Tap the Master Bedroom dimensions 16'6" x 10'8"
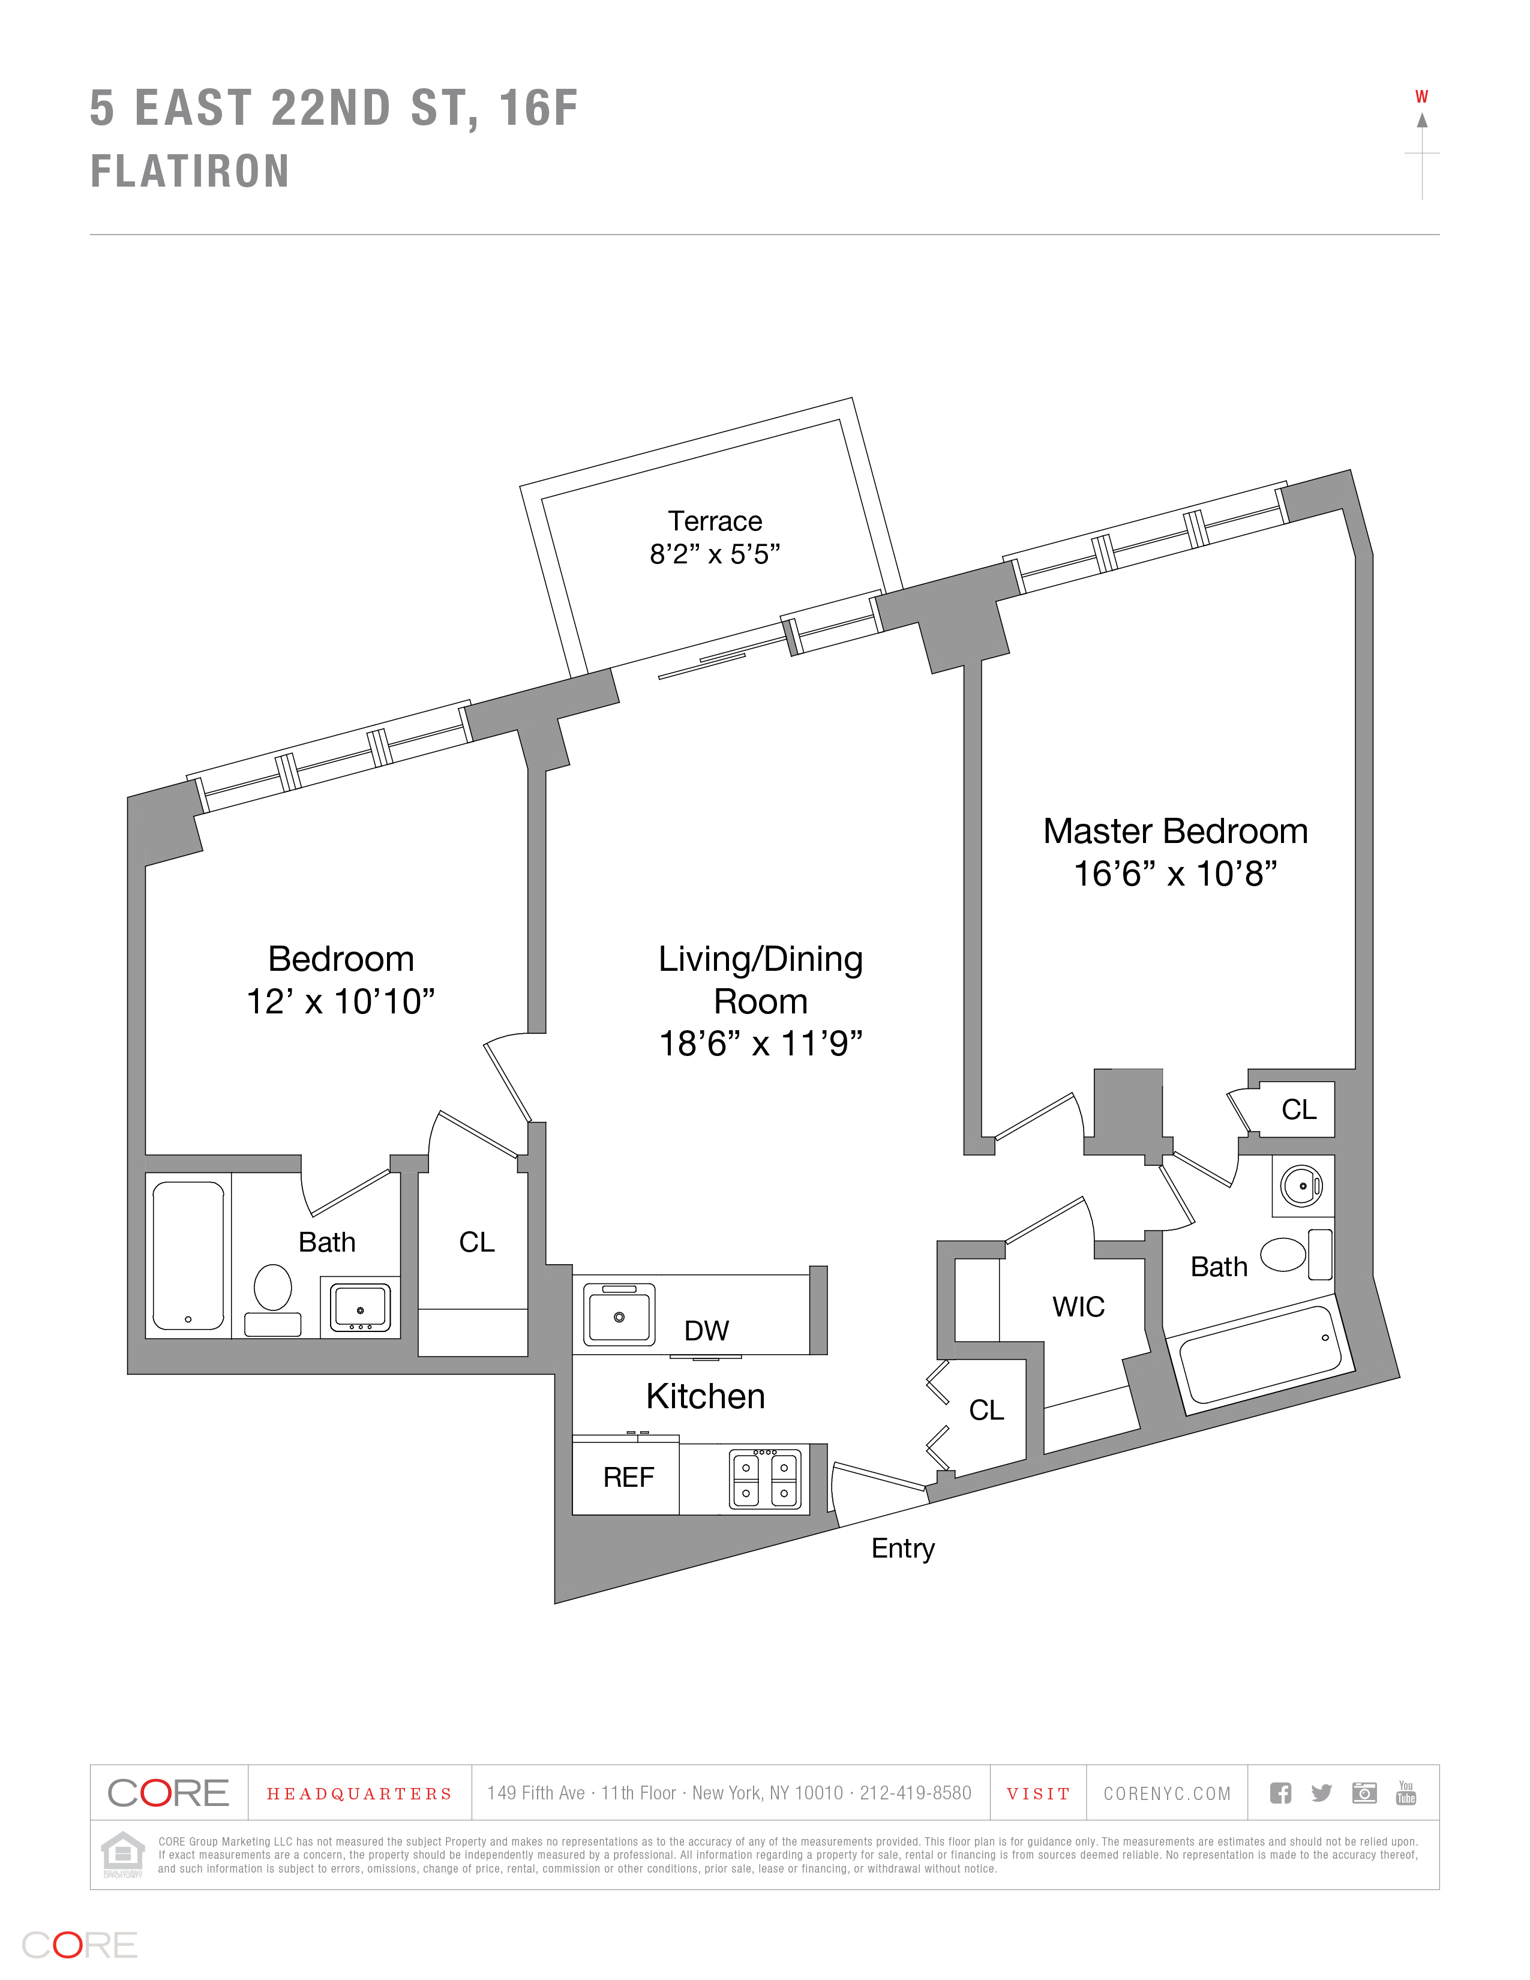[1175, 874]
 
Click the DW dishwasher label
[706, 1330]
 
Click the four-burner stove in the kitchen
[766, 1480]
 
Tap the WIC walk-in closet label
[1078, 1306]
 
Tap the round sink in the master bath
[1301, 1186]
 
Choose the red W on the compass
[1421, 97]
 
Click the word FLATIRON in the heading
[190, 172]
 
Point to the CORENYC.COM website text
[1166, 1793]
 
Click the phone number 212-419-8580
[916, 1793]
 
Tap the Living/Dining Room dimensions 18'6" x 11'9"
[760, 1043]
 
